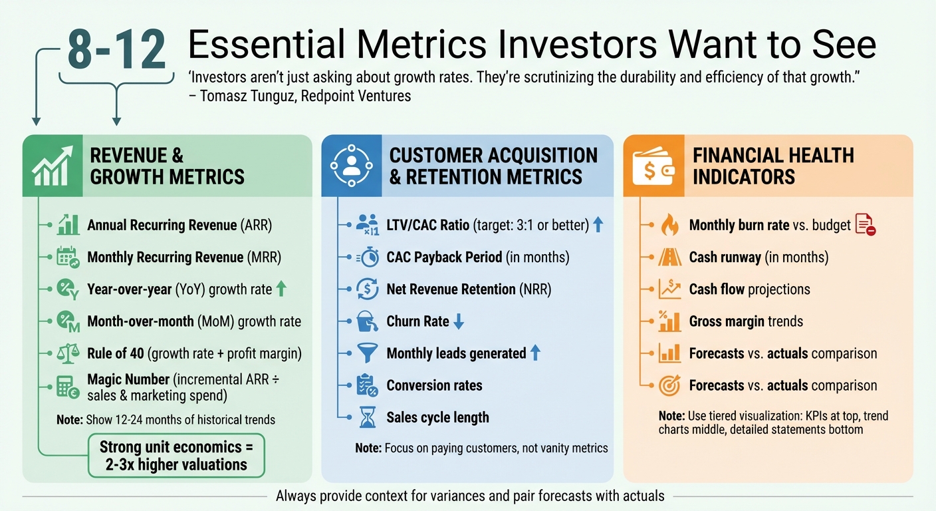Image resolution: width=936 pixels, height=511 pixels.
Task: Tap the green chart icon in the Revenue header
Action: coord(53,166)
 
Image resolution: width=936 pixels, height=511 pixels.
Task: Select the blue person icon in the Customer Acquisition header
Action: coord(351,166)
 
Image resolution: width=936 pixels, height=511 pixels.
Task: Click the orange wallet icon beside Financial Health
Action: coord(653,166)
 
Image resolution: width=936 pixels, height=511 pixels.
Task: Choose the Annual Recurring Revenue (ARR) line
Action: coord(179,225)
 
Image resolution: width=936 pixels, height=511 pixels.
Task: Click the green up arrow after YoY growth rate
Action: coord(281,289)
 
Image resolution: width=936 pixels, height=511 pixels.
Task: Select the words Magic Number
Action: coord(128,379)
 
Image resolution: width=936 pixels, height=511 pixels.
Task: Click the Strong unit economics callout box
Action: coord(176,455)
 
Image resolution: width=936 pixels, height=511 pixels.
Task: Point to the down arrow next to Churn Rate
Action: coord(459,321)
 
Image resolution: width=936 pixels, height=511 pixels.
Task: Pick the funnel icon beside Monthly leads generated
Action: coord(367,353)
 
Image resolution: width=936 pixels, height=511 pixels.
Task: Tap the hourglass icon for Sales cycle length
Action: coord(367,418)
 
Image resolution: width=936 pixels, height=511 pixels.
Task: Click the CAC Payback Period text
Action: coord(477,257)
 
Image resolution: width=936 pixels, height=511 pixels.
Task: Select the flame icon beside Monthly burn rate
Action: coord(669,226)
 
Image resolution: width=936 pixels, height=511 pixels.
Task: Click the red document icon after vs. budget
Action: coord(865,225)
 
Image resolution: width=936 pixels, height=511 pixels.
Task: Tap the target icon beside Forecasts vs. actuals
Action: coord(669,385)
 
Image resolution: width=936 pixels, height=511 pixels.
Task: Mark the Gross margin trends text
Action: coord(746,321)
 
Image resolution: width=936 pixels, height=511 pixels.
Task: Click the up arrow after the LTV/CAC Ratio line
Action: coord(598,225)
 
